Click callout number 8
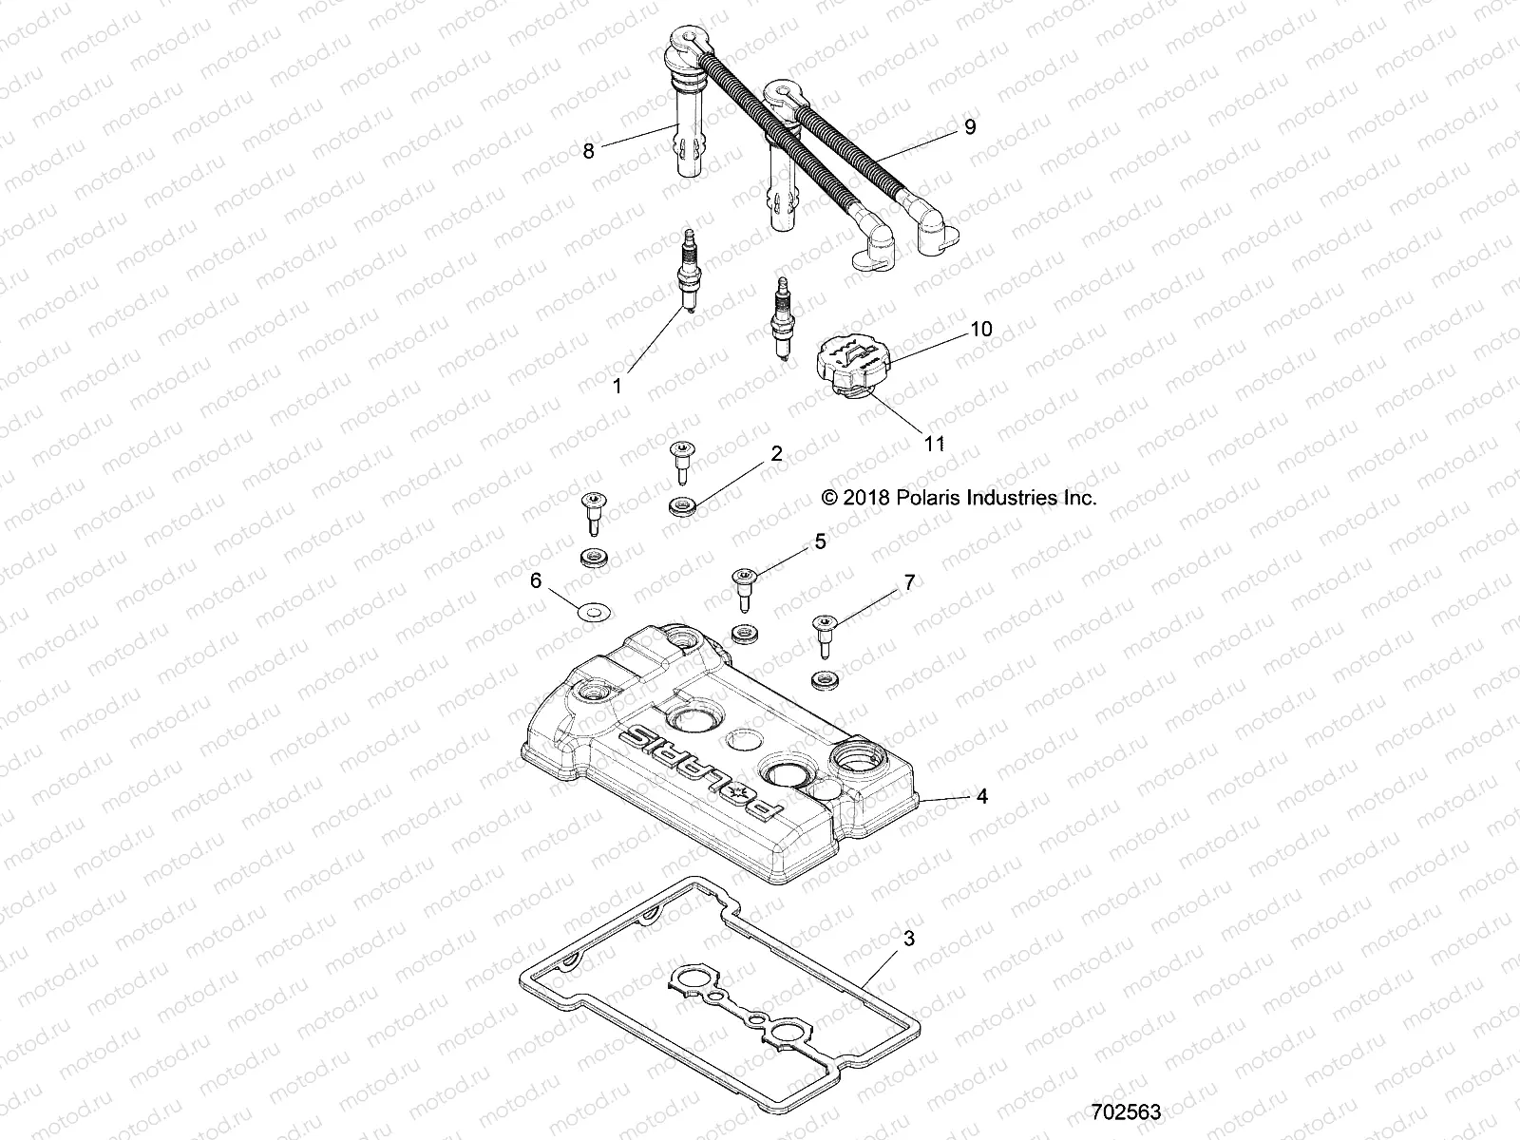coord(588,151)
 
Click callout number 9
coord(969,126)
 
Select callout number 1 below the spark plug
coord(617,387)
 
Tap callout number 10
coord(980,329)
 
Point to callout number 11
coord(935,444)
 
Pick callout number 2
coord(776,454)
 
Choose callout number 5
coord(820,541)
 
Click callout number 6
coord(536,580)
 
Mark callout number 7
coord(909,582)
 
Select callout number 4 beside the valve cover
coord(982,796)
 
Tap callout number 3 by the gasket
coord(909,940)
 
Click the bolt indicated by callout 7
coord(823,636)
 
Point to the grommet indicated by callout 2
coord(681,505)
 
